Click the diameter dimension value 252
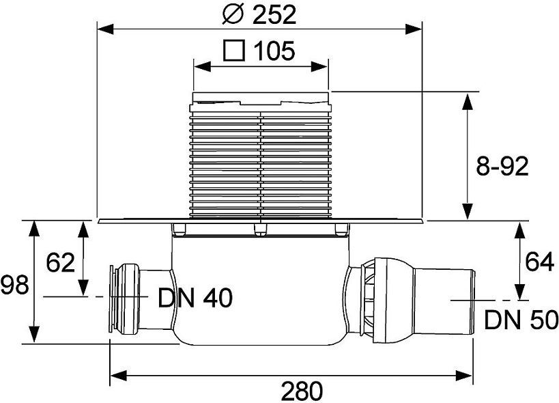click(274, 14)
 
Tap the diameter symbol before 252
click(233, 14)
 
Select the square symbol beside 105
click(234, 51)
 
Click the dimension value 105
click(274, 51)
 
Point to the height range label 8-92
click(502, 166)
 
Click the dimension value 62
click(60, 262)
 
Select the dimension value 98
click(14, 286)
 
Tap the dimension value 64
click(539, 262)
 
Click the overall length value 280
click(302, 391)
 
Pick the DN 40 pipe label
click(195, 298)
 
